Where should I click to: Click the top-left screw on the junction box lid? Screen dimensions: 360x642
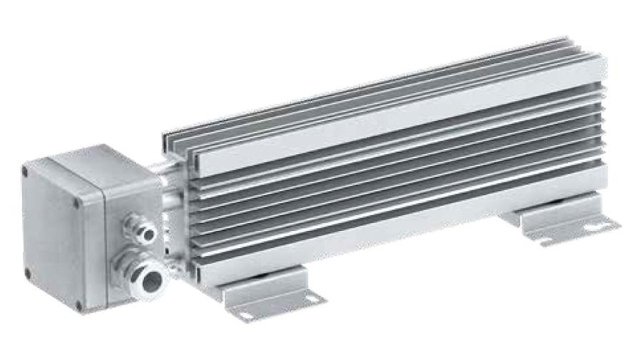pyautogui.click(x=26, y=171)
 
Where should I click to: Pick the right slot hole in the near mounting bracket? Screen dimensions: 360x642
pyautogui.click(x=312, y=299)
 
